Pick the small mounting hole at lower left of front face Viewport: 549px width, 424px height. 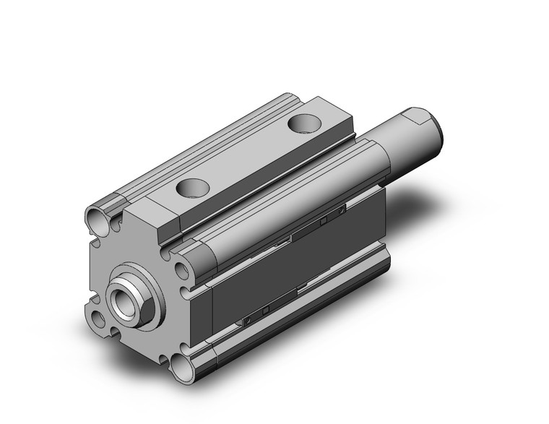point(99,319)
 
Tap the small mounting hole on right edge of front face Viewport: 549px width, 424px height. point(181,272)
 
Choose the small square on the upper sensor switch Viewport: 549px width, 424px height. point(324,217)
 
